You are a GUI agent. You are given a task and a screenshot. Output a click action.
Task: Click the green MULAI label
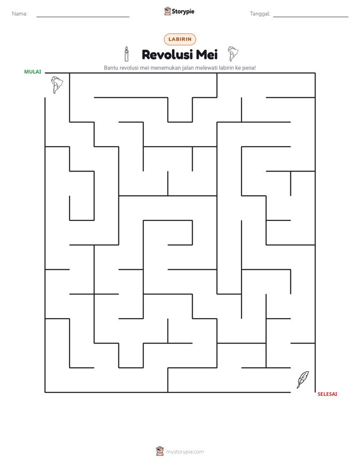pyautogui.click(x=33, y=72)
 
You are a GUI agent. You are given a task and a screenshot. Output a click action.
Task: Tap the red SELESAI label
pyautogui.click(x=327, y=394)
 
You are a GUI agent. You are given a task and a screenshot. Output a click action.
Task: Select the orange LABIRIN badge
pyautogui.click(x=180, y=39)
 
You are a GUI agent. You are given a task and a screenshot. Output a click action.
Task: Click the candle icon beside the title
pyautogui.click(x=127, y=54)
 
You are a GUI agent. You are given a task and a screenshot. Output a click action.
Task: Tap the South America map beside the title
pyautogui.click(x=233, y=53)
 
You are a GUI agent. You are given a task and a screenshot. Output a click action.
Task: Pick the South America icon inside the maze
pyautogui.click(x=57, y=85)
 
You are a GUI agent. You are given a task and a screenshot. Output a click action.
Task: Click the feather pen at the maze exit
pyautogui.click(x=303, y=380)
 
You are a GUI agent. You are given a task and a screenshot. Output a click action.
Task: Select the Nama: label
pyautogui.click(x=20, y=14)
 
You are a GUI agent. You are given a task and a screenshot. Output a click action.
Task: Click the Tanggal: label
pyautogui.click(x=260, y=14)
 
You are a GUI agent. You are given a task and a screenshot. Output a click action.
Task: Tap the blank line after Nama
pyautogui.click(x=83, y=17)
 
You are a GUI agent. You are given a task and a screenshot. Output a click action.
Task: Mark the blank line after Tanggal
pyautogui.click(x=311, y=17)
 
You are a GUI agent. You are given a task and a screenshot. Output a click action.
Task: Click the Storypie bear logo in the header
pyautogui.click(x=167, y=11)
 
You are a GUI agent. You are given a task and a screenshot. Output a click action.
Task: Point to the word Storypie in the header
pyautogui.click(x=183, y=12)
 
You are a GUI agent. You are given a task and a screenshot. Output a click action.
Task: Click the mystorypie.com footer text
pyautogui.click(x=185, y=452)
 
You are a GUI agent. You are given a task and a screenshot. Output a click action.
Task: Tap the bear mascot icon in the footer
pyautogui.click(x=160, y=451)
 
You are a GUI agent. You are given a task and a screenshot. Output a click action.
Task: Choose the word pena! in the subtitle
pyautogui.click(x=249, y=68)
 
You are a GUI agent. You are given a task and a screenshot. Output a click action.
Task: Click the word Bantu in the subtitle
pyautogui.click(x=111, y=68)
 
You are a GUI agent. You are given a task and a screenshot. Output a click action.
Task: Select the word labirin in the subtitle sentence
pyautogui.click(x=226, y=68)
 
